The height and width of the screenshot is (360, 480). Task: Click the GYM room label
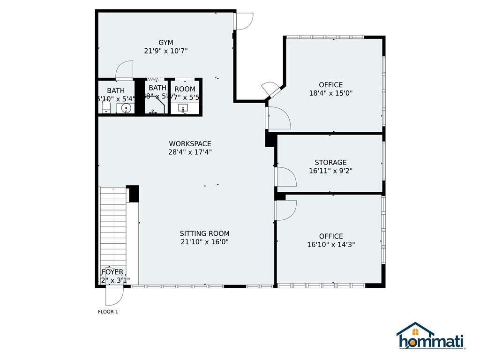166,43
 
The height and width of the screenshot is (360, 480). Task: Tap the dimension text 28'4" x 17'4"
190,152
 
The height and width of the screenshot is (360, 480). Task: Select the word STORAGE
330,163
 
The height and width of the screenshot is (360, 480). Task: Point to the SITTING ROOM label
204,233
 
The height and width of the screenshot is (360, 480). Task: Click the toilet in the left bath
106,108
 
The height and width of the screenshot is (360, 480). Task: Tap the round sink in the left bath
126,108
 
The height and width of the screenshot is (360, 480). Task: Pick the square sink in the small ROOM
182,108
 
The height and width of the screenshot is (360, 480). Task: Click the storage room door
286,177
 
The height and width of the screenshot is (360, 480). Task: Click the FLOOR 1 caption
108,312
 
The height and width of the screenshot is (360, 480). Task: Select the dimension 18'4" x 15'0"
330,93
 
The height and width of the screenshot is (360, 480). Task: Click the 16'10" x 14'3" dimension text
330,244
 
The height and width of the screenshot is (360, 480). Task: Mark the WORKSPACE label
190,143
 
